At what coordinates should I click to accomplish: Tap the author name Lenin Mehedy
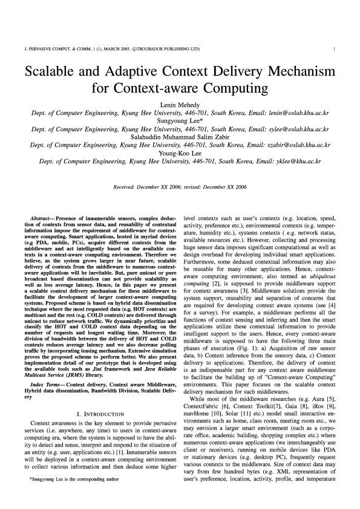pyautogui.click(x=180, y=103)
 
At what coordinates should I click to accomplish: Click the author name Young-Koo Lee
pyautogui.click(x=180, y=154)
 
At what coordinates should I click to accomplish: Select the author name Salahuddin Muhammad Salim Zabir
pyautogui.click(x=180, y=137)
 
